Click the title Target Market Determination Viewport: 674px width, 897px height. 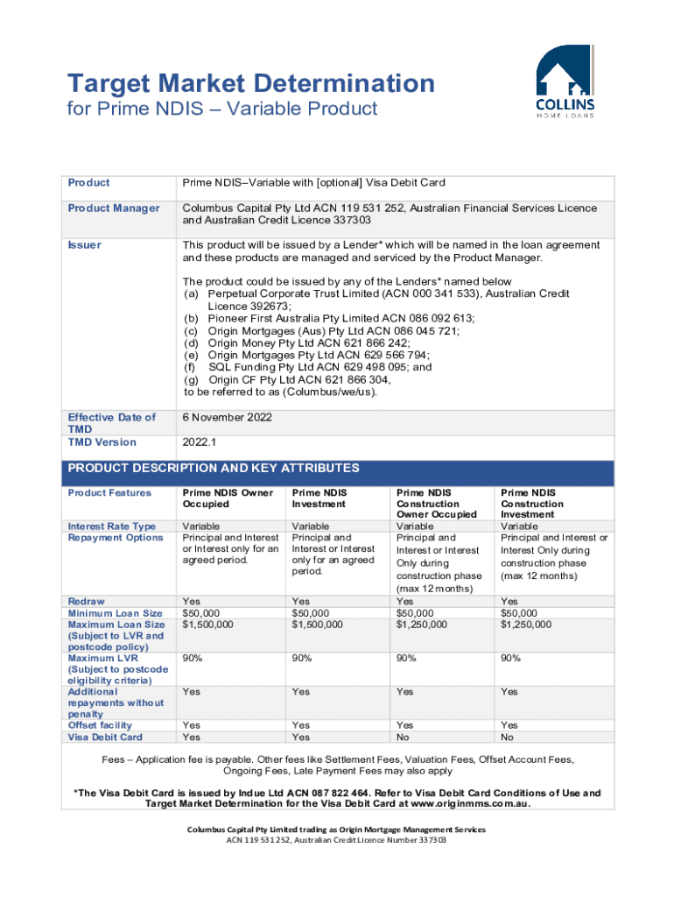(251, 84)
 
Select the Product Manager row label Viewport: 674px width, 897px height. (114, 208)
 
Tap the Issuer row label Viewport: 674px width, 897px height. (84, 245)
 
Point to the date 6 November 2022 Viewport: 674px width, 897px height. (227, 418)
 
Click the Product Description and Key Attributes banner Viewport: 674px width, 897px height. (214, 469)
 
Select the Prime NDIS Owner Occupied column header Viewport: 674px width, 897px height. (221, 498)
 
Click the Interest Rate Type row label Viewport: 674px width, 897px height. (112, 526)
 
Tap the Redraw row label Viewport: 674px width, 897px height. (86, 602)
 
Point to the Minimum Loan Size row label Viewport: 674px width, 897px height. (115, 613)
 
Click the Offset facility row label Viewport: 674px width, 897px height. (100, 725)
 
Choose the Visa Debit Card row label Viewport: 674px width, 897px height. (105, 737)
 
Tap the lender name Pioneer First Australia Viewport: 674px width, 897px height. (277, 318)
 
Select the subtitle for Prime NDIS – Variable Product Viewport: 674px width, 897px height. (222, 109)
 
